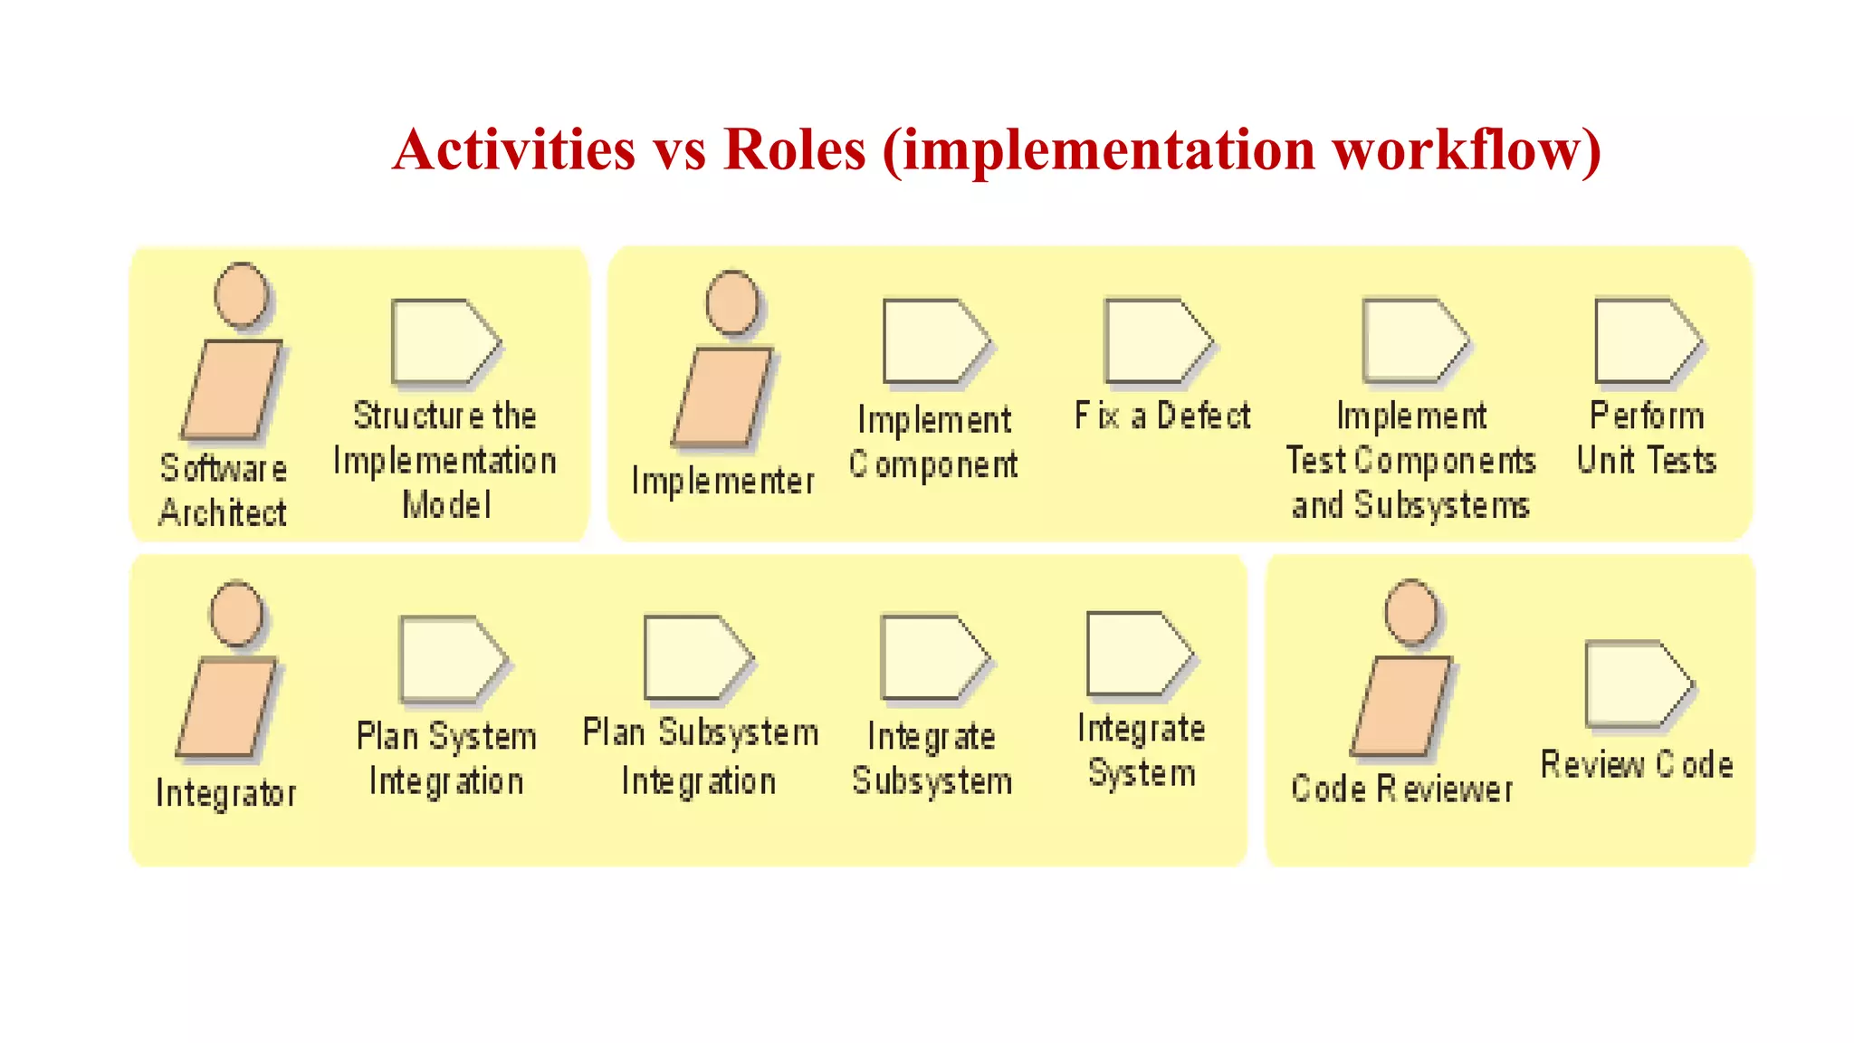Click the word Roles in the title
point(795,149)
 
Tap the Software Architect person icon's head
point(242,294)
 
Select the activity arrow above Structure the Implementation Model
point(444,341)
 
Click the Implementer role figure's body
point(722,397)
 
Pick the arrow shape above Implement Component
point(935,341)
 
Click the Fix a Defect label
point(1162,416)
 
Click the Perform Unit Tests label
point(1647,437)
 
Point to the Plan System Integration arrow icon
point(452,659)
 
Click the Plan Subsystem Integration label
point(700,756)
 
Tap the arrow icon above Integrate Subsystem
point(934,657)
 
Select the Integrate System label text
point(1142,751)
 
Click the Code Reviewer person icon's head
point(1411,612)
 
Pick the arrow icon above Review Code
point(1637,684)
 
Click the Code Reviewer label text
point(1401,789)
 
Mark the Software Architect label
point(224,490)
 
